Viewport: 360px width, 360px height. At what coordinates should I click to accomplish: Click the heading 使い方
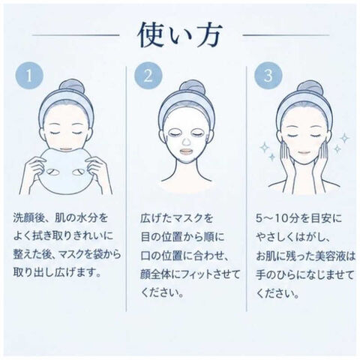180,35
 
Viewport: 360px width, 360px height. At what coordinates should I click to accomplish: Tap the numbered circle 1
29,75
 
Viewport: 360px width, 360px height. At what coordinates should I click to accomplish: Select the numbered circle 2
148,75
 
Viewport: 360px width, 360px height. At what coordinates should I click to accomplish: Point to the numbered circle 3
268,75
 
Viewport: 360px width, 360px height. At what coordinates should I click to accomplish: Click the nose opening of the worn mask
186,142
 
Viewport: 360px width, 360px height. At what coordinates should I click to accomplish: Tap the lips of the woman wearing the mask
186,152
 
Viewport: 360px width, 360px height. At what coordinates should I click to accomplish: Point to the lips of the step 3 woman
304,152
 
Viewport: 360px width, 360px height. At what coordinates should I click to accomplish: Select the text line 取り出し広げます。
57,272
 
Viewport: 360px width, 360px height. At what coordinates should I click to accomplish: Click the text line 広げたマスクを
176,218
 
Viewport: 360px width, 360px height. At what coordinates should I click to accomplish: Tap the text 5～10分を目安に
298,218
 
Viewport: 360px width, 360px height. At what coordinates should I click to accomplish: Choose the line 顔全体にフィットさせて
190,274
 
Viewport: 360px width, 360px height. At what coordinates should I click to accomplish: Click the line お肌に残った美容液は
305,256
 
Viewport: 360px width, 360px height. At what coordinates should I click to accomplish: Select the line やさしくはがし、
292,237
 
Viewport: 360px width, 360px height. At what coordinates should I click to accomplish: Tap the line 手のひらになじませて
305,274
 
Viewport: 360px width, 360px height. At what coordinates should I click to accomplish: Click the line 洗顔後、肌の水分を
61,217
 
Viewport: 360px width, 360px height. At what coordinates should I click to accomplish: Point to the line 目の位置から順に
182,237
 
